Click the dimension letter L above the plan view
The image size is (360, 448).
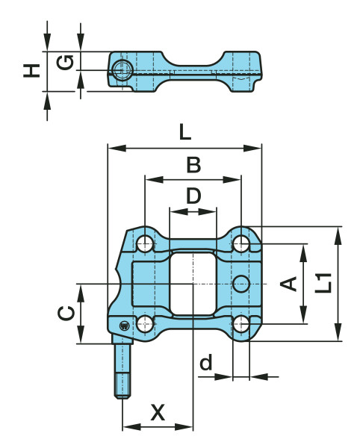pos(185,133)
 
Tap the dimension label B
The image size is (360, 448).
pos(193,164)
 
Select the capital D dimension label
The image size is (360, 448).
pos(193,196)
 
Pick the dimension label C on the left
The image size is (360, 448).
pos(66,313)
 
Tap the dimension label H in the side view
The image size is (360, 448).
pos(31,70)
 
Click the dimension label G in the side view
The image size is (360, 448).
pos(66,62)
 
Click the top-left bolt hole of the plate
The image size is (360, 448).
pos(145,244)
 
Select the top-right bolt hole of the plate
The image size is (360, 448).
pos(240,244)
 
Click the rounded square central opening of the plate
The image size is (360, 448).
pos(193,284)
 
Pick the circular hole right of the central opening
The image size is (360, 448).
pos(240,283)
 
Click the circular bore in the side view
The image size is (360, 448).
pos(121,70)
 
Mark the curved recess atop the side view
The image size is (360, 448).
pos(193,60)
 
